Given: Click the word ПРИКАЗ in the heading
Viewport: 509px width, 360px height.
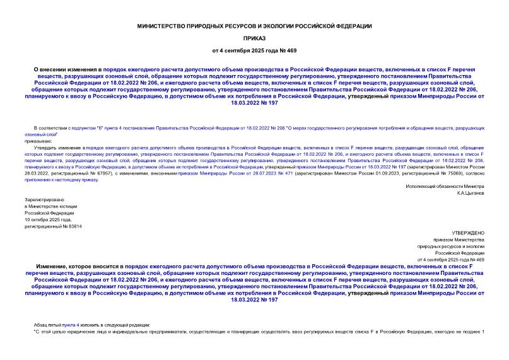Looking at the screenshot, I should tap(254, 37).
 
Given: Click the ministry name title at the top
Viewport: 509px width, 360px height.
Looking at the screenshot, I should tap(254, 26).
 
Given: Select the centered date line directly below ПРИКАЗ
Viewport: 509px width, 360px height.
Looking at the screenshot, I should tap(254, 49).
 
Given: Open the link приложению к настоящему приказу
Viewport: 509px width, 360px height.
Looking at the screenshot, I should tap(62, 180).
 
